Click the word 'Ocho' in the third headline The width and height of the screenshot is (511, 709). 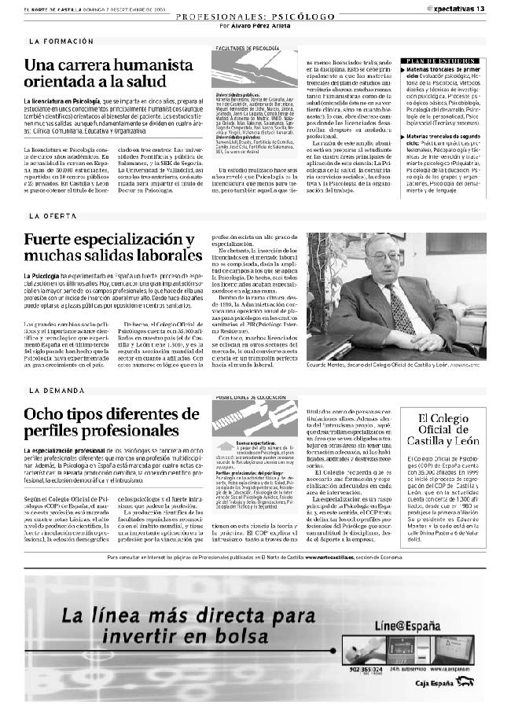click(x=44, y=414)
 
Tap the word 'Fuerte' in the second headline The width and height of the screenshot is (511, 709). click(x=53, y=239)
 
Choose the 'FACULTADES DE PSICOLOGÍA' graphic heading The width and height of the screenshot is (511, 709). click(x=247, y=48)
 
